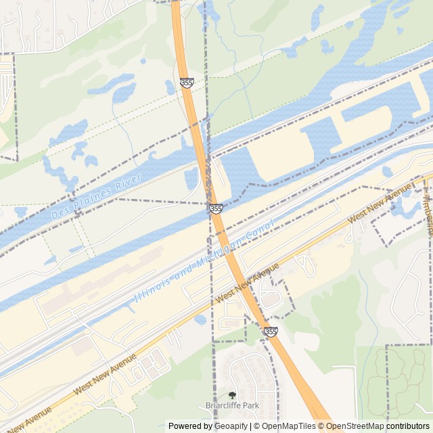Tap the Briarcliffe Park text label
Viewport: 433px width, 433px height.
tap(232, 406)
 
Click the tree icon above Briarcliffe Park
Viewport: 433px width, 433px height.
tap(232, 395)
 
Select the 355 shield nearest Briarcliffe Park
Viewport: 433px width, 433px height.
tap(271, 331)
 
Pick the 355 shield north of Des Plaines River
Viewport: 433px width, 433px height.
tap(187, 83)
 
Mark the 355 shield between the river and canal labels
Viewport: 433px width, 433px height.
tap(216, 209)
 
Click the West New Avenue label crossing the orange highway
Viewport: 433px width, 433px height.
tap(247, 283)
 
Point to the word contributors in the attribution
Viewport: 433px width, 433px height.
tap(408, 426)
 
